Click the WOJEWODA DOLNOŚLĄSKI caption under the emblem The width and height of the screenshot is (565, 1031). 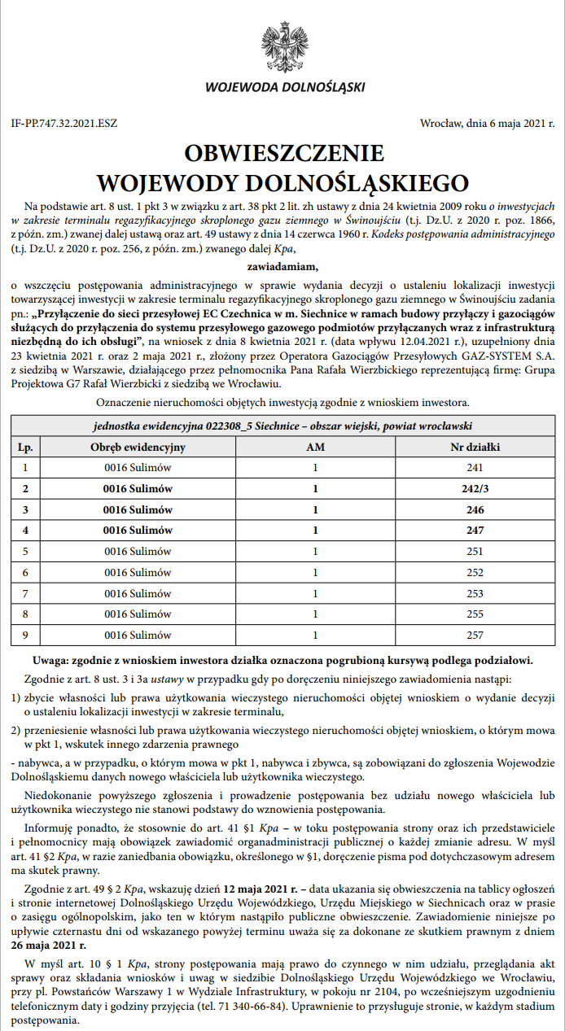coord(285,87)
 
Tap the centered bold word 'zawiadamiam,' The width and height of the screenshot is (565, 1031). coord(282,265)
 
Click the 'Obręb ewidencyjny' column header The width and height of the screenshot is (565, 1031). coord(138,447)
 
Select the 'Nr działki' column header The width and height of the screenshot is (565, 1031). coord(475,447)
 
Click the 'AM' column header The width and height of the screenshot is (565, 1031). coord(315,447)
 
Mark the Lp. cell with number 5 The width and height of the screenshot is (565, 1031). coord(25,552)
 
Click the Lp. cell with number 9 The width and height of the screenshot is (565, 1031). coord(25,636)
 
